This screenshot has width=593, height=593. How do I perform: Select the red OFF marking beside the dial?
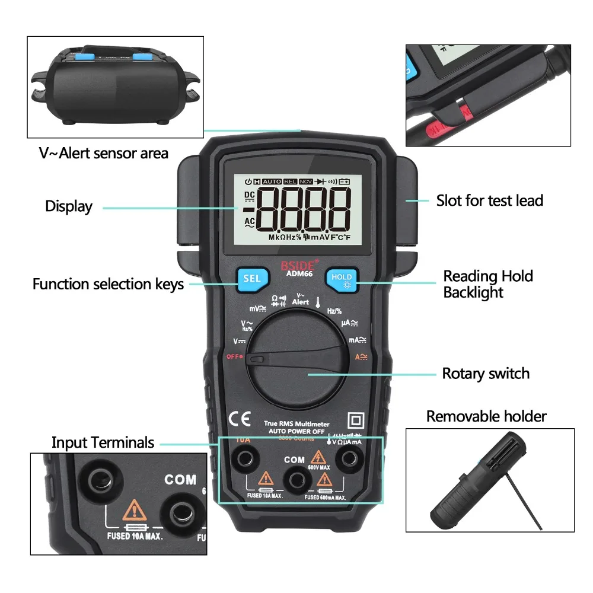(x=235, y=357)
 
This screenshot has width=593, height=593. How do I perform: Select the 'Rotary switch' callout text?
(x=486, y=374)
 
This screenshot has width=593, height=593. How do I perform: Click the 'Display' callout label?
(x=69, y=206)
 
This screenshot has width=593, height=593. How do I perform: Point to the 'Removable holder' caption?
(x=486, y=416)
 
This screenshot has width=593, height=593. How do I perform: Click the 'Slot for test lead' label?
(x=490, y=200)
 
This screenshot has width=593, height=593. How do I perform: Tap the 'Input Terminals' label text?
(x=103, y=442)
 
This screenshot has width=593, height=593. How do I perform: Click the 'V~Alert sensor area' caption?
(x=104, y=153)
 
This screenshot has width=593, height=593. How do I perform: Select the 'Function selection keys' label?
(x=108, y=284)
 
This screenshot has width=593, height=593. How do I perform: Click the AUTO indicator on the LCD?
(x=272, y=181)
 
